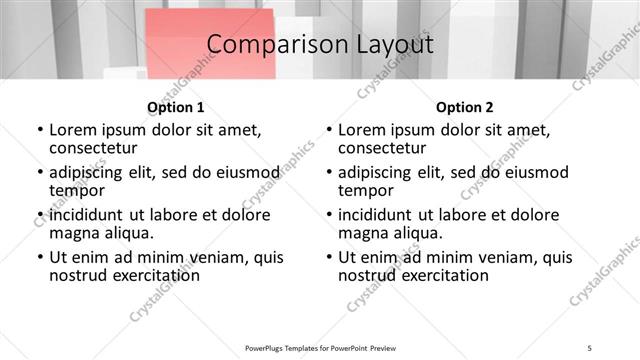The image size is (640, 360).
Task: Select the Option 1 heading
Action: tap(176, 107)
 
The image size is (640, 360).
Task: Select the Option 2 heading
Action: tap(464, 107)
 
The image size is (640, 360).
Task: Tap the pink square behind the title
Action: tap(210, 45)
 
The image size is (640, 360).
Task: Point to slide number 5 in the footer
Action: tap(590, 347)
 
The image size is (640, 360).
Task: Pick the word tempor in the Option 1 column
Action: tap(77, 190)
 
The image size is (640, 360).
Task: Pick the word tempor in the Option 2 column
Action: tap(366, 190)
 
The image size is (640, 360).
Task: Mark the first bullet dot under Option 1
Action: tap(39, 130)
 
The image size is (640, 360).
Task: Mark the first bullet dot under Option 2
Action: tap(328, 130)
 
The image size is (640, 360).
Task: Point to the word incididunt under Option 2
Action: tap(383, 215)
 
